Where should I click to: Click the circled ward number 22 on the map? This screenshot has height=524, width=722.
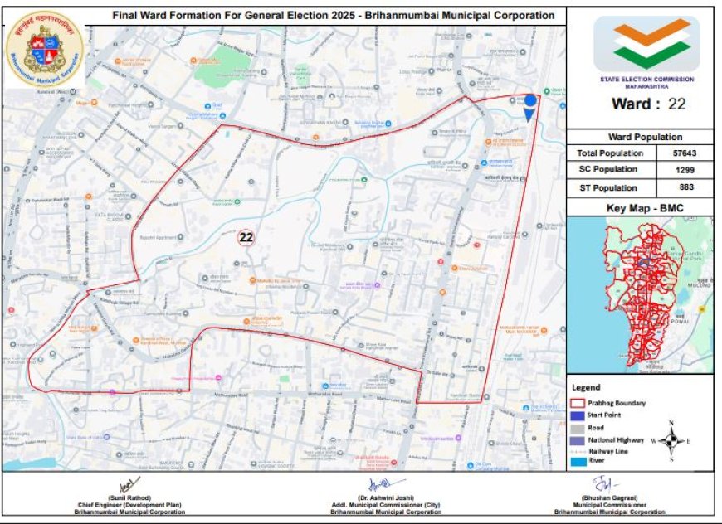pos(246,237)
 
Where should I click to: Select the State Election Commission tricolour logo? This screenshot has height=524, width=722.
pos(647,44)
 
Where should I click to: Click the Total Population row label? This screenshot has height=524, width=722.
pos(610,153)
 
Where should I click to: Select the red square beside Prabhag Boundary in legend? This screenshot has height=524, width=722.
pos(577,403)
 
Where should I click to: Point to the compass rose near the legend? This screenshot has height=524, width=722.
pos(677,440)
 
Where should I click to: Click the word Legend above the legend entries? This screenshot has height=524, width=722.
pos(587,387)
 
